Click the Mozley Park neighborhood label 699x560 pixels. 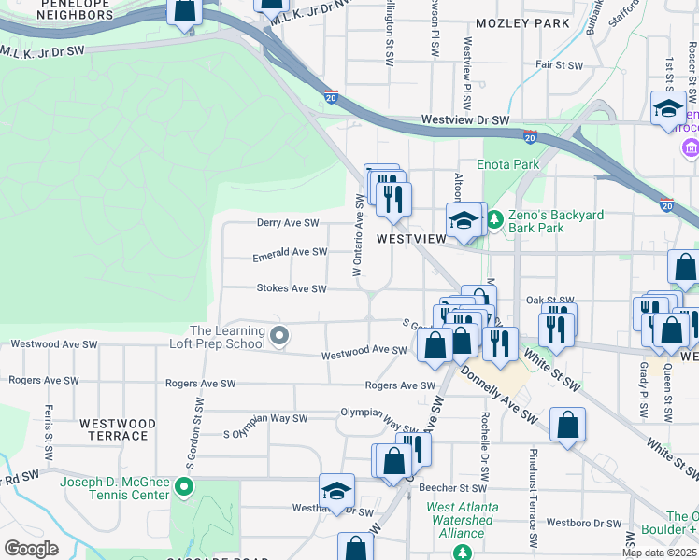pos(522,21)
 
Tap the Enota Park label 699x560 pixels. pos(508,164)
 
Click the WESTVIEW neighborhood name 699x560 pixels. pos(412,239)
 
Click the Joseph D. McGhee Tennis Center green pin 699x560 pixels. pos(185,486)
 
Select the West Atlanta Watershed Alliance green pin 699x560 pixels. pos(463,552)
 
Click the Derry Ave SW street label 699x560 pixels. pos(288,223)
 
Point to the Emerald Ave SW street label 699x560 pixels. pos(290,252)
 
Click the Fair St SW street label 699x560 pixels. pos(559,65)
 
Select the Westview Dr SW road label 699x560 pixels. pos(464,120)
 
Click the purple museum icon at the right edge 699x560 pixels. pos(691,148)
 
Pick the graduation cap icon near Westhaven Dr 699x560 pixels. pos(337,490)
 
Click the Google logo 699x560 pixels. pos(31,548)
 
